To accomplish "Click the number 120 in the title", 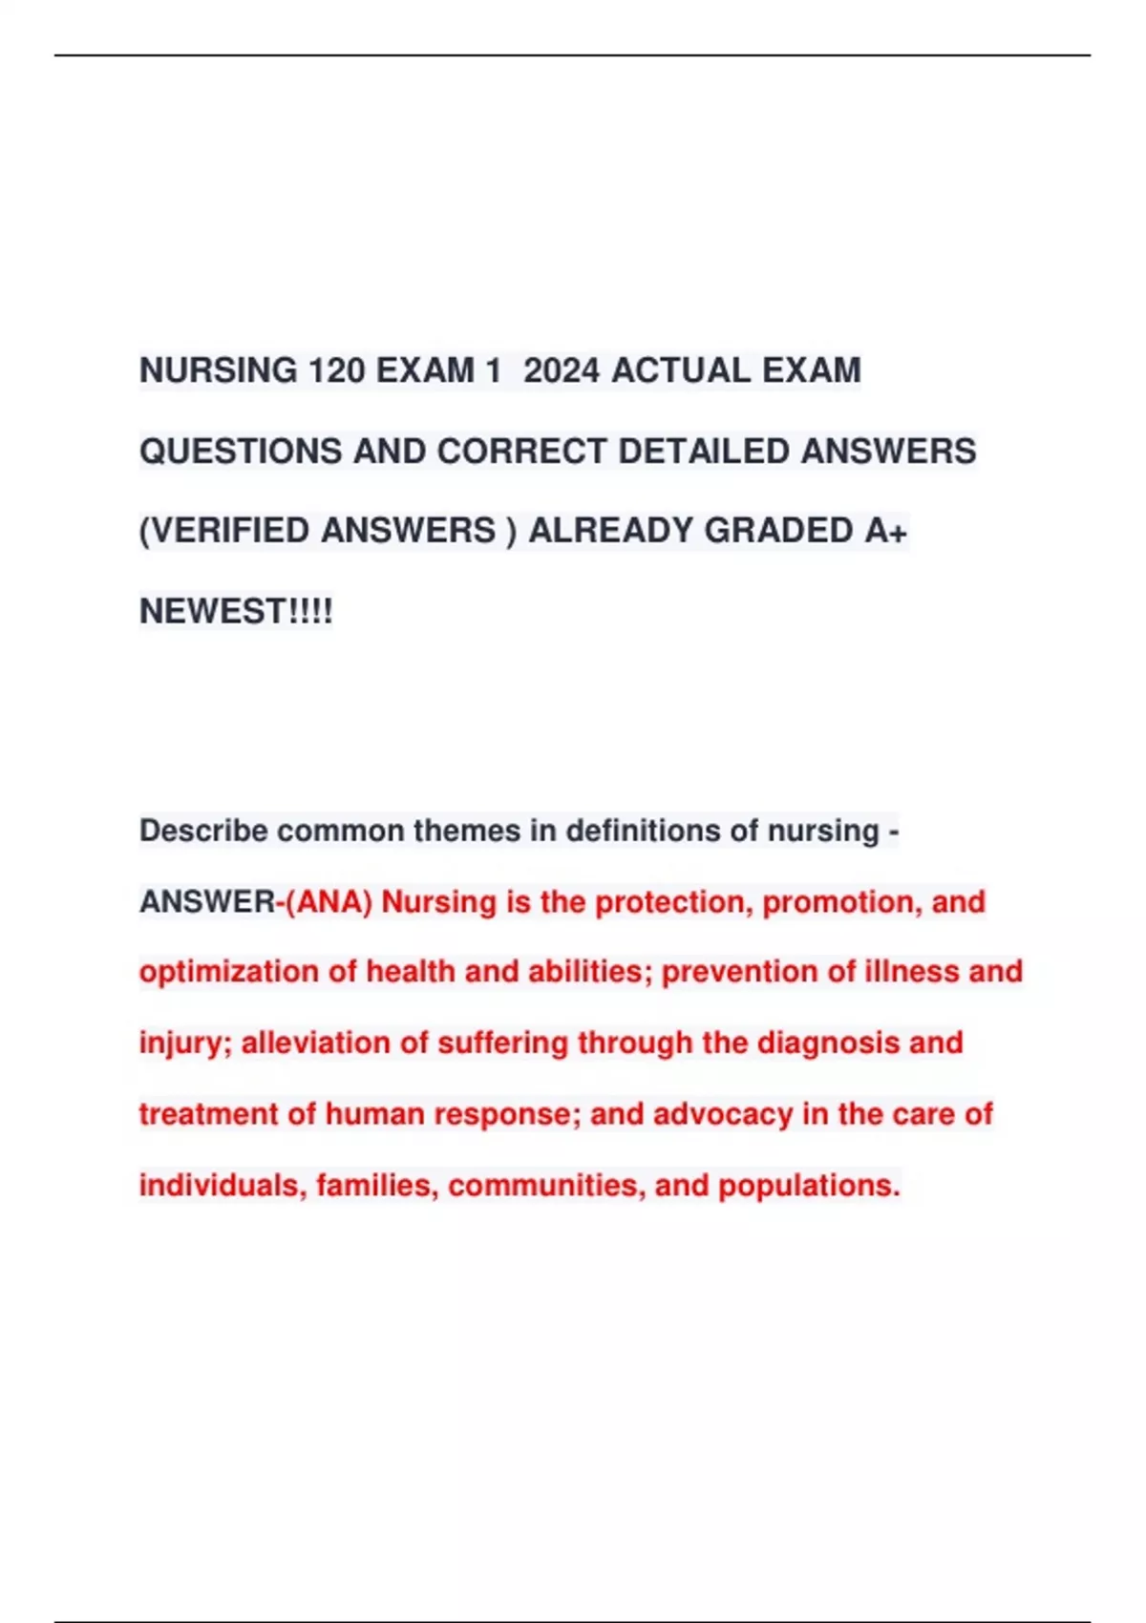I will [336, 370].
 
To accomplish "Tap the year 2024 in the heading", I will [562, 370].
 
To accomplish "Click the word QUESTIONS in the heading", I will [241, 451].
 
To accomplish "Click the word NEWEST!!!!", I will [236, 611].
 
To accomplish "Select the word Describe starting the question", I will [203, 831].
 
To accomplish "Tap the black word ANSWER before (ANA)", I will [206, 901].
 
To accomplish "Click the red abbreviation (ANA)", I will [329, 901].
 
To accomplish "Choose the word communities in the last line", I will [545, 1186].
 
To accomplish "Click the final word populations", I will [809, 1186].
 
